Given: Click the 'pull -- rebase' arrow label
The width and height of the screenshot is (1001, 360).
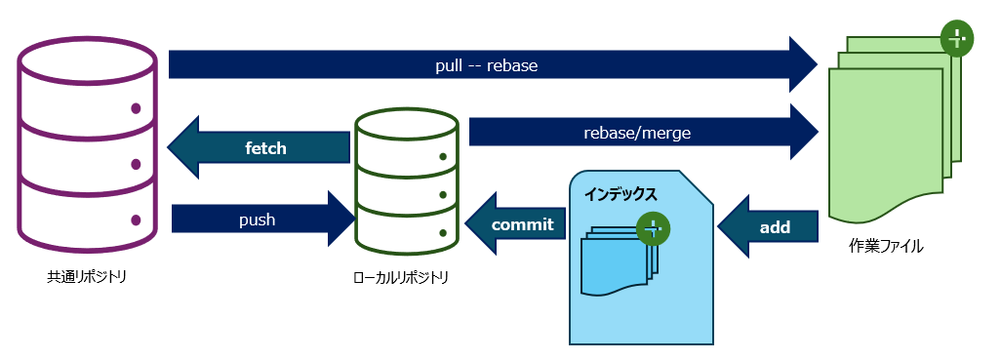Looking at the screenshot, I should [x=486, y=65].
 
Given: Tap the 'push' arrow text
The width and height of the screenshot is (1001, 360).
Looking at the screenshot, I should [x=257, y=220].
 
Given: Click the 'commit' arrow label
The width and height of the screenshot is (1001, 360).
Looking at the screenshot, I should [x=522, y=224].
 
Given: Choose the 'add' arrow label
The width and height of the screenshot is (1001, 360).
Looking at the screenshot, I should [x=775, y=227].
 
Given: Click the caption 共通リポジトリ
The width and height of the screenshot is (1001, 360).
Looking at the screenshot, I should [x=87, y=277].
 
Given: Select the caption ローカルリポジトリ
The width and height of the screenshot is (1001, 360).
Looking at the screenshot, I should [x=401, y=278].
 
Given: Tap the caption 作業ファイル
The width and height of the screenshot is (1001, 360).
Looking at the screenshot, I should [x=885, y=246].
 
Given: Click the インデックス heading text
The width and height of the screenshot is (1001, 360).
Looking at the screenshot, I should [x=621, y=194].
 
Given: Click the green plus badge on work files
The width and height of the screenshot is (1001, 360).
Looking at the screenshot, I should [x=956, y=39].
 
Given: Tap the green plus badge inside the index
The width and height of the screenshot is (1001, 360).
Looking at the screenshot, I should [x=652, y=229].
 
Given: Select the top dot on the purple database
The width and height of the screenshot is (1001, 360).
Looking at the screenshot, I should [x=136, y=108].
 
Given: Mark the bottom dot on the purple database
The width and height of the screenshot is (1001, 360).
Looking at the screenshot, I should [x=136, y=220].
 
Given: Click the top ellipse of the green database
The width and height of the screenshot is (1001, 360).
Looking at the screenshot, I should [x=406, y=125].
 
